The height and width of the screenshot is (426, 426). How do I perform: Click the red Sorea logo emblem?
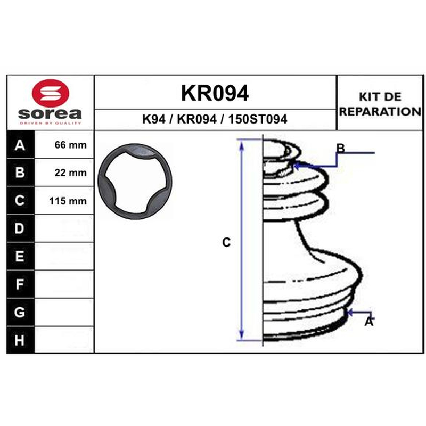51,93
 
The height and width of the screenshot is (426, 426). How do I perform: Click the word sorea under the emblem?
50,113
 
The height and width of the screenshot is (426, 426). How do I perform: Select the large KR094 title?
215,93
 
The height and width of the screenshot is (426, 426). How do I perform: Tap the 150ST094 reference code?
258,119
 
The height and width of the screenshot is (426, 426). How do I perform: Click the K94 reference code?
154,119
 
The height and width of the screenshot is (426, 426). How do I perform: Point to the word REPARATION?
380,111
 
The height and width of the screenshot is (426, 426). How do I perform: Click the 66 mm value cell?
64,145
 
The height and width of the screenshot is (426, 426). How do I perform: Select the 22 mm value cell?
64,173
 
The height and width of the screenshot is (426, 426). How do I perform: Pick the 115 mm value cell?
64,201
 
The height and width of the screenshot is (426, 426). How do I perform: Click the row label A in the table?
20,145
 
